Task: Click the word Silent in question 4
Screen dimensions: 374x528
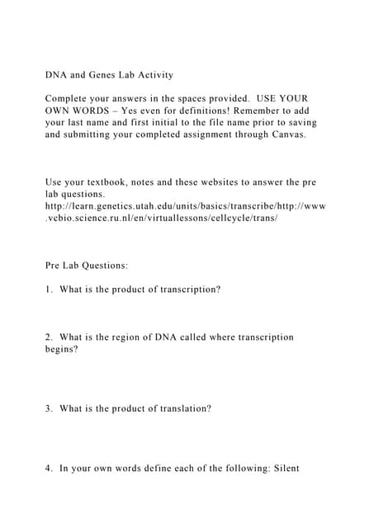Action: coord(282,469)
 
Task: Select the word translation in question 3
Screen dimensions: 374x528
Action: coord(182,408)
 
